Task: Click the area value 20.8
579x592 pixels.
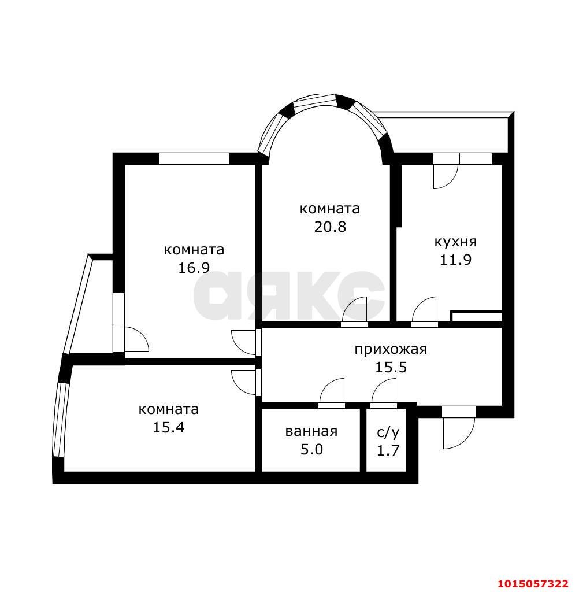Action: point(330,227)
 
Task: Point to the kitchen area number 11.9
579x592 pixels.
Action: point(455,260)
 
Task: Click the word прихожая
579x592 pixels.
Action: point(391,349)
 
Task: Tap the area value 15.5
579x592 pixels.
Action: point(391,367)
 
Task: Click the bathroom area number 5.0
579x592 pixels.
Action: point(311,450)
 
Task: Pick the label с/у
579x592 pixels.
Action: point(388,432)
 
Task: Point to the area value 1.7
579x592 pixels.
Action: point(388,450)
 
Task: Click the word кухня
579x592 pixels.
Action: point(455,242)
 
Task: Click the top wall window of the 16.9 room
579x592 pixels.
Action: point(194,158)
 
